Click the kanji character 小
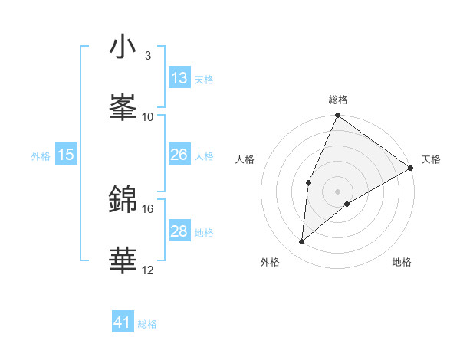click(123, 47)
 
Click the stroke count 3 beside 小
click(148, 56)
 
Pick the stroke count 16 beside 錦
click(148, 208)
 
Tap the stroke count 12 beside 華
click(148, 270)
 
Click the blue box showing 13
click(179, 78)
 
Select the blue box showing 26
click(179, 155)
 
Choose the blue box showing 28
click(179, 231)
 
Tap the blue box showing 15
click(66, 155)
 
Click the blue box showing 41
click(123, 323)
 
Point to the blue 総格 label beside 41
click(147, 324)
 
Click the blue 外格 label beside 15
click(41, 155)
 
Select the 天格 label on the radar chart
click(431, 159)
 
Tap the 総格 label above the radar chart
click(338, 100)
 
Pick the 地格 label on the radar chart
click(402, 262)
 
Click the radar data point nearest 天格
click(411, 168)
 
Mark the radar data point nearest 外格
click(301, 242)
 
